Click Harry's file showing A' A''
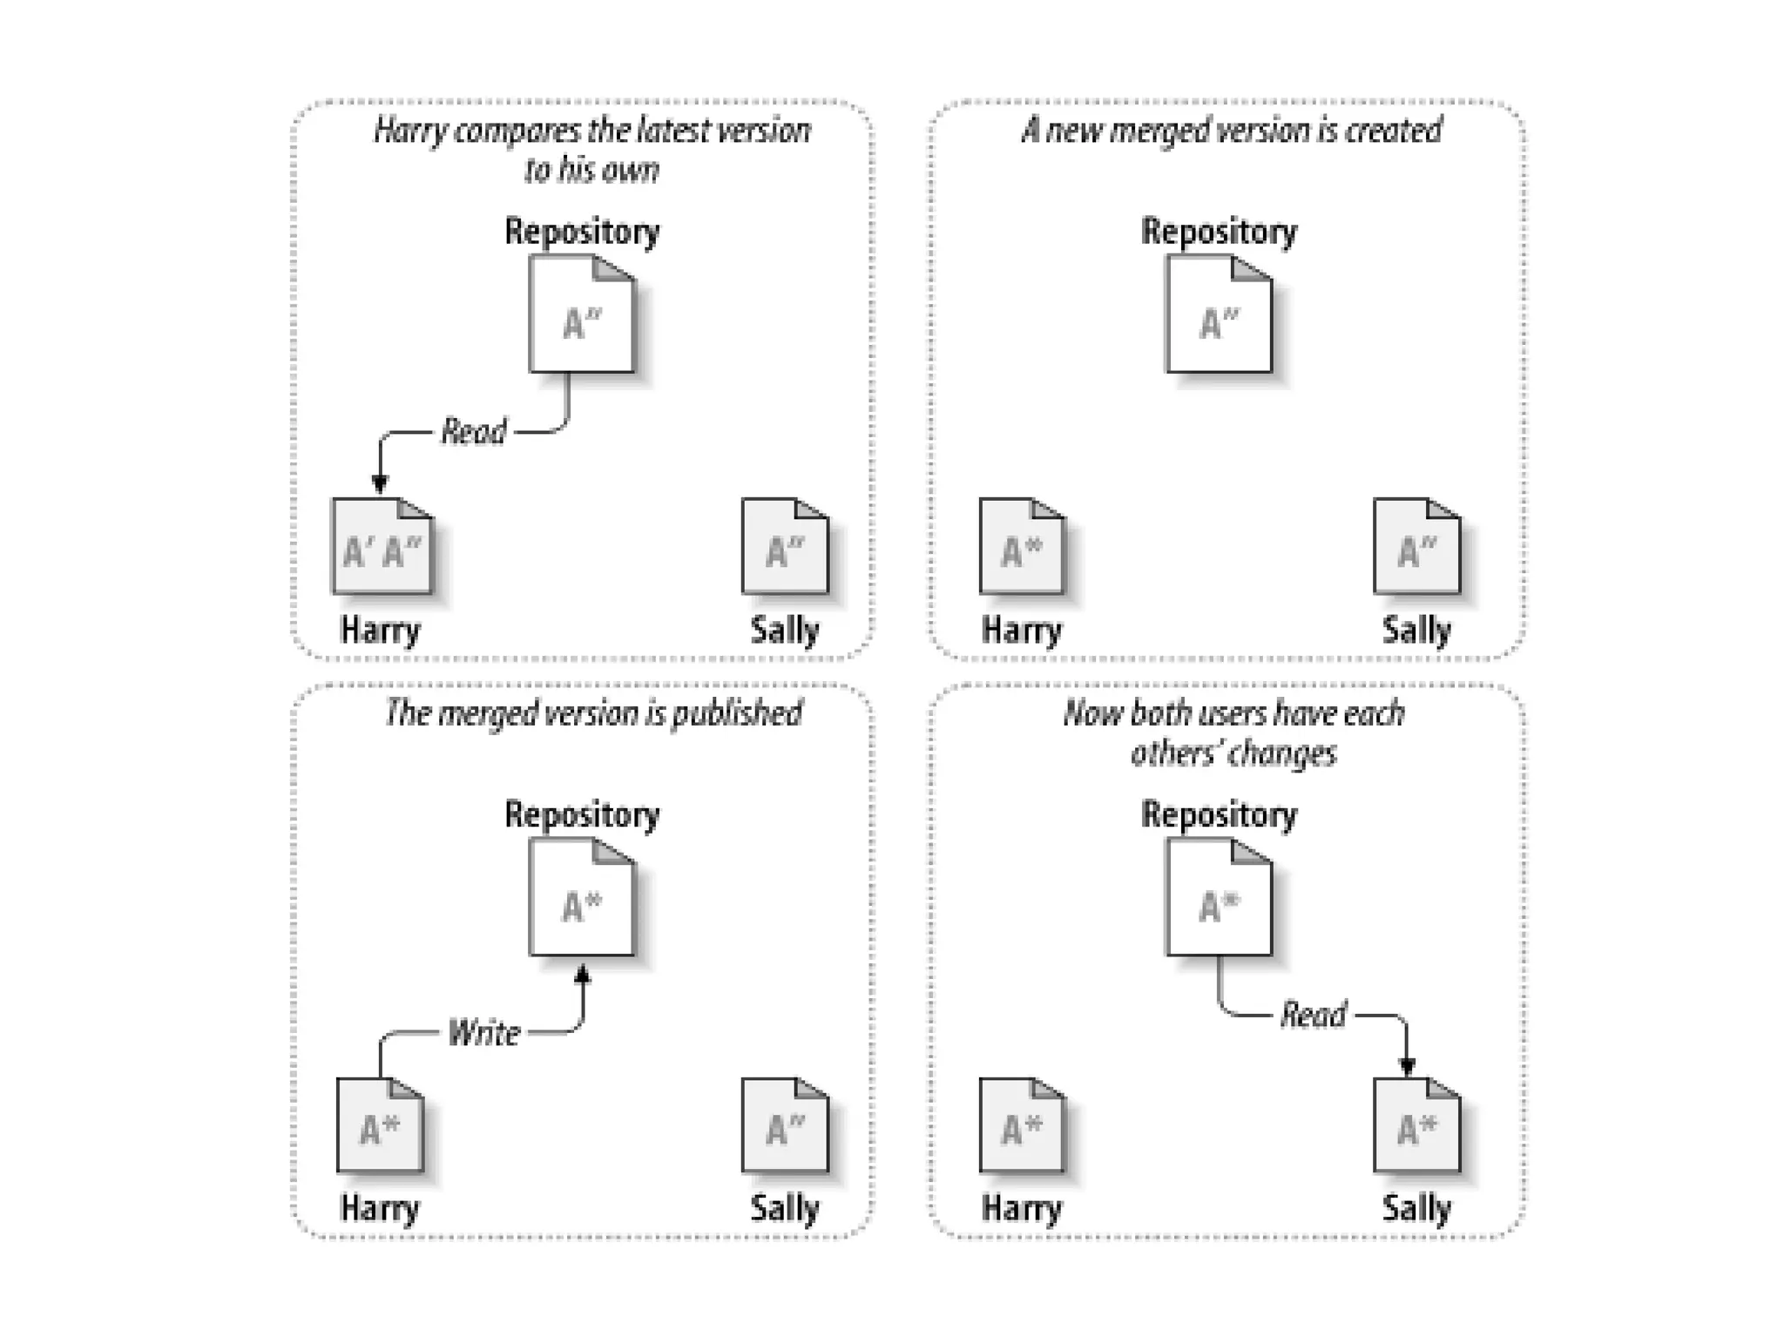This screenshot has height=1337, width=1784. pyautogui.click(x=382, y=547)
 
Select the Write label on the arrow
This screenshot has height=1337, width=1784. pyautogui.click(x=483, y=1033)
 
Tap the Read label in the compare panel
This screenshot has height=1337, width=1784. pyautogui.click(x=473, y=431)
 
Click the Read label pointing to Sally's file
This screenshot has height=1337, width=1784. pyautogui.click(x=1313, y=1015)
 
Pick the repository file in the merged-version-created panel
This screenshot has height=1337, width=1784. pyautogui.click(x=1219, y=315)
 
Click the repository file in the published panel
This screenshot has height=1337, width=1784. pyautogui.click(x=582, y=898)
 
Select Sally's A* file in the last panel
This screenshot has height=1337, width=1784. pyautogui.click(x=1416, y=1125)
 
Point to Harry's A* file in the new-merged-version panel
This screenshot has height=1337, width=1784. pyautogui.click(x=1021, y=547)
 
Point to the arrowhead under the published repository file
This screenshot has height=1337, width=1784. pyautogui.click(x=582, y=975)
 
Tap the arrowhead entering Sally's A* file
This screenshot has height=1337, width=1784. pyautogui.click(x=1407, y=1065)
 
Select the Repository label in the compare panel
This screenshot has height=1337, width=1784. pyautogui.click(x=582, y=232)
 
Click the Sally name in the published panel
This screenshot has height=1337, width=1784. pyautogui.click(x=785, y=1209)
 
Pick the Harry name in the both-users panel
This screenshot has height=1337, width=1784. pyautogui.click(x=1021, y=1209)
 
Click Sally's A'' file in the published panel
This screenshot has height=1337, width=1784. pyautogui.click(x=785, y=1125)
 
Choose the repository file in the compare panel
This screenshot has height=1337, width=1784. pyautogui.click(x=582, y=315)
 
